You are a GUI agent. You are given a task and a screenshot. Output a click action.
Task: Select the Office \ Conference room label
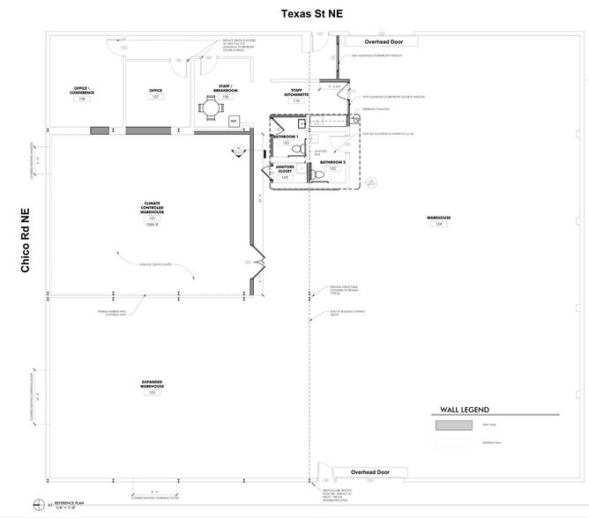click(82, 91)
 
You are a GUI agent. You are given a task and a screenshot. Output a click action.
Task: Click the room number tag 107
click(156, 98)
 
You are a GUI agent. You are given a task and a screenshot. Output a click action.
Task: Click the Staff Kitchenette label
click(295, 93)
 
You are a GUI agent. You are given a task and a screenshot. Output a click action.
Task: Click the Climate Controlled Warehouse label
click(151, 208)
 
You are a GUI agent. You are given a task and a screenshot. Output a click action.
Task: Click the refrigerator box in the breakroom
click(234, 121)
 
